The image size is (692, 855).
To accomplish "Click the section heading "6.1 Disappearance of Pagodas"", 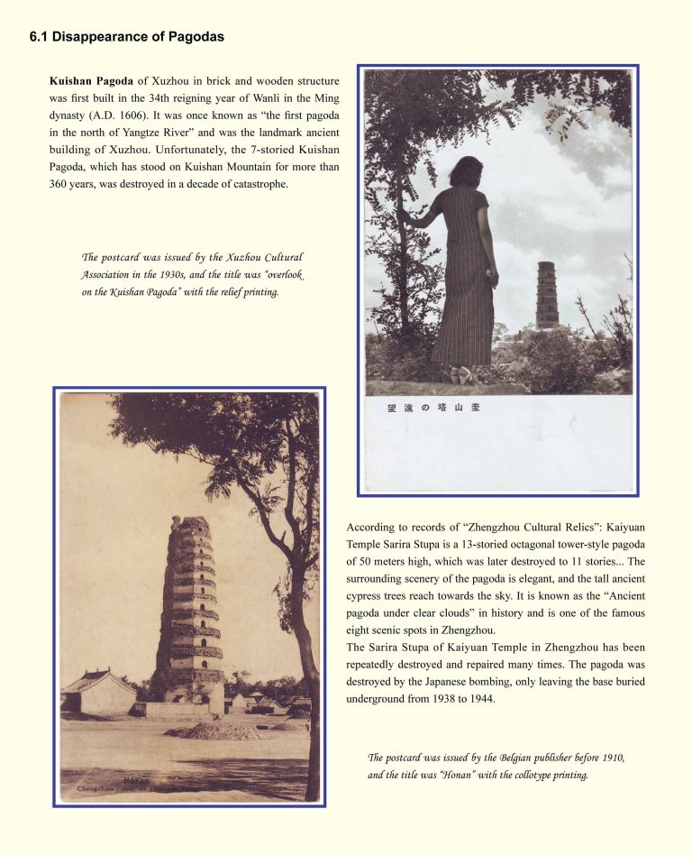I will [126, 38].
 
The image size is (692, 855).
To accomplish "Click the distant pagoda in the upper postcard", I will [547, 295].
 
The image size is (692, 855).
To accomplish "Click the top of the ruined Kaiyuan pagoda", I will [191, 525].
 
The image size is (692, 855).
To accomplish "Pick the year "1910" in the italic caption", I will [608, 758].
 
